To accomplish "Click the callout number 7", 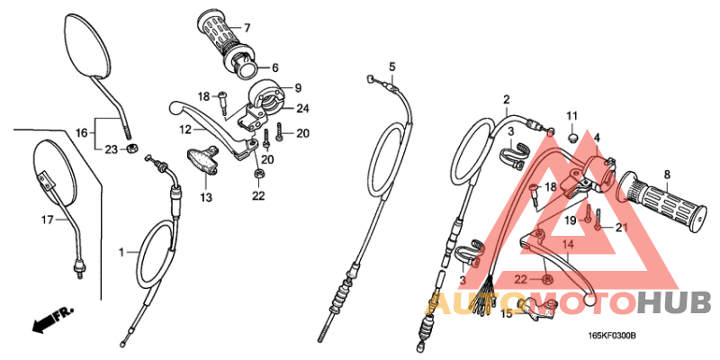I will click(x=247, y=28).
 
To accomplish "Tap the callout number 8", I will click(x=667, y=175).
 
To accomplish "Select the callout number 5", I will click(x=392, y=67).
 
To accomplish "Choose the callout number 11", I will click(x=571, y=116).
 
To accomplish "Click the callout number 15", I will click(x=507, y=313).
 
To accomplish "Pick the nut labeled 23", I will click(x=131, y=148).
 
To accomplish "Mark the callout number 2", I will click(x=507, y=99).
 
